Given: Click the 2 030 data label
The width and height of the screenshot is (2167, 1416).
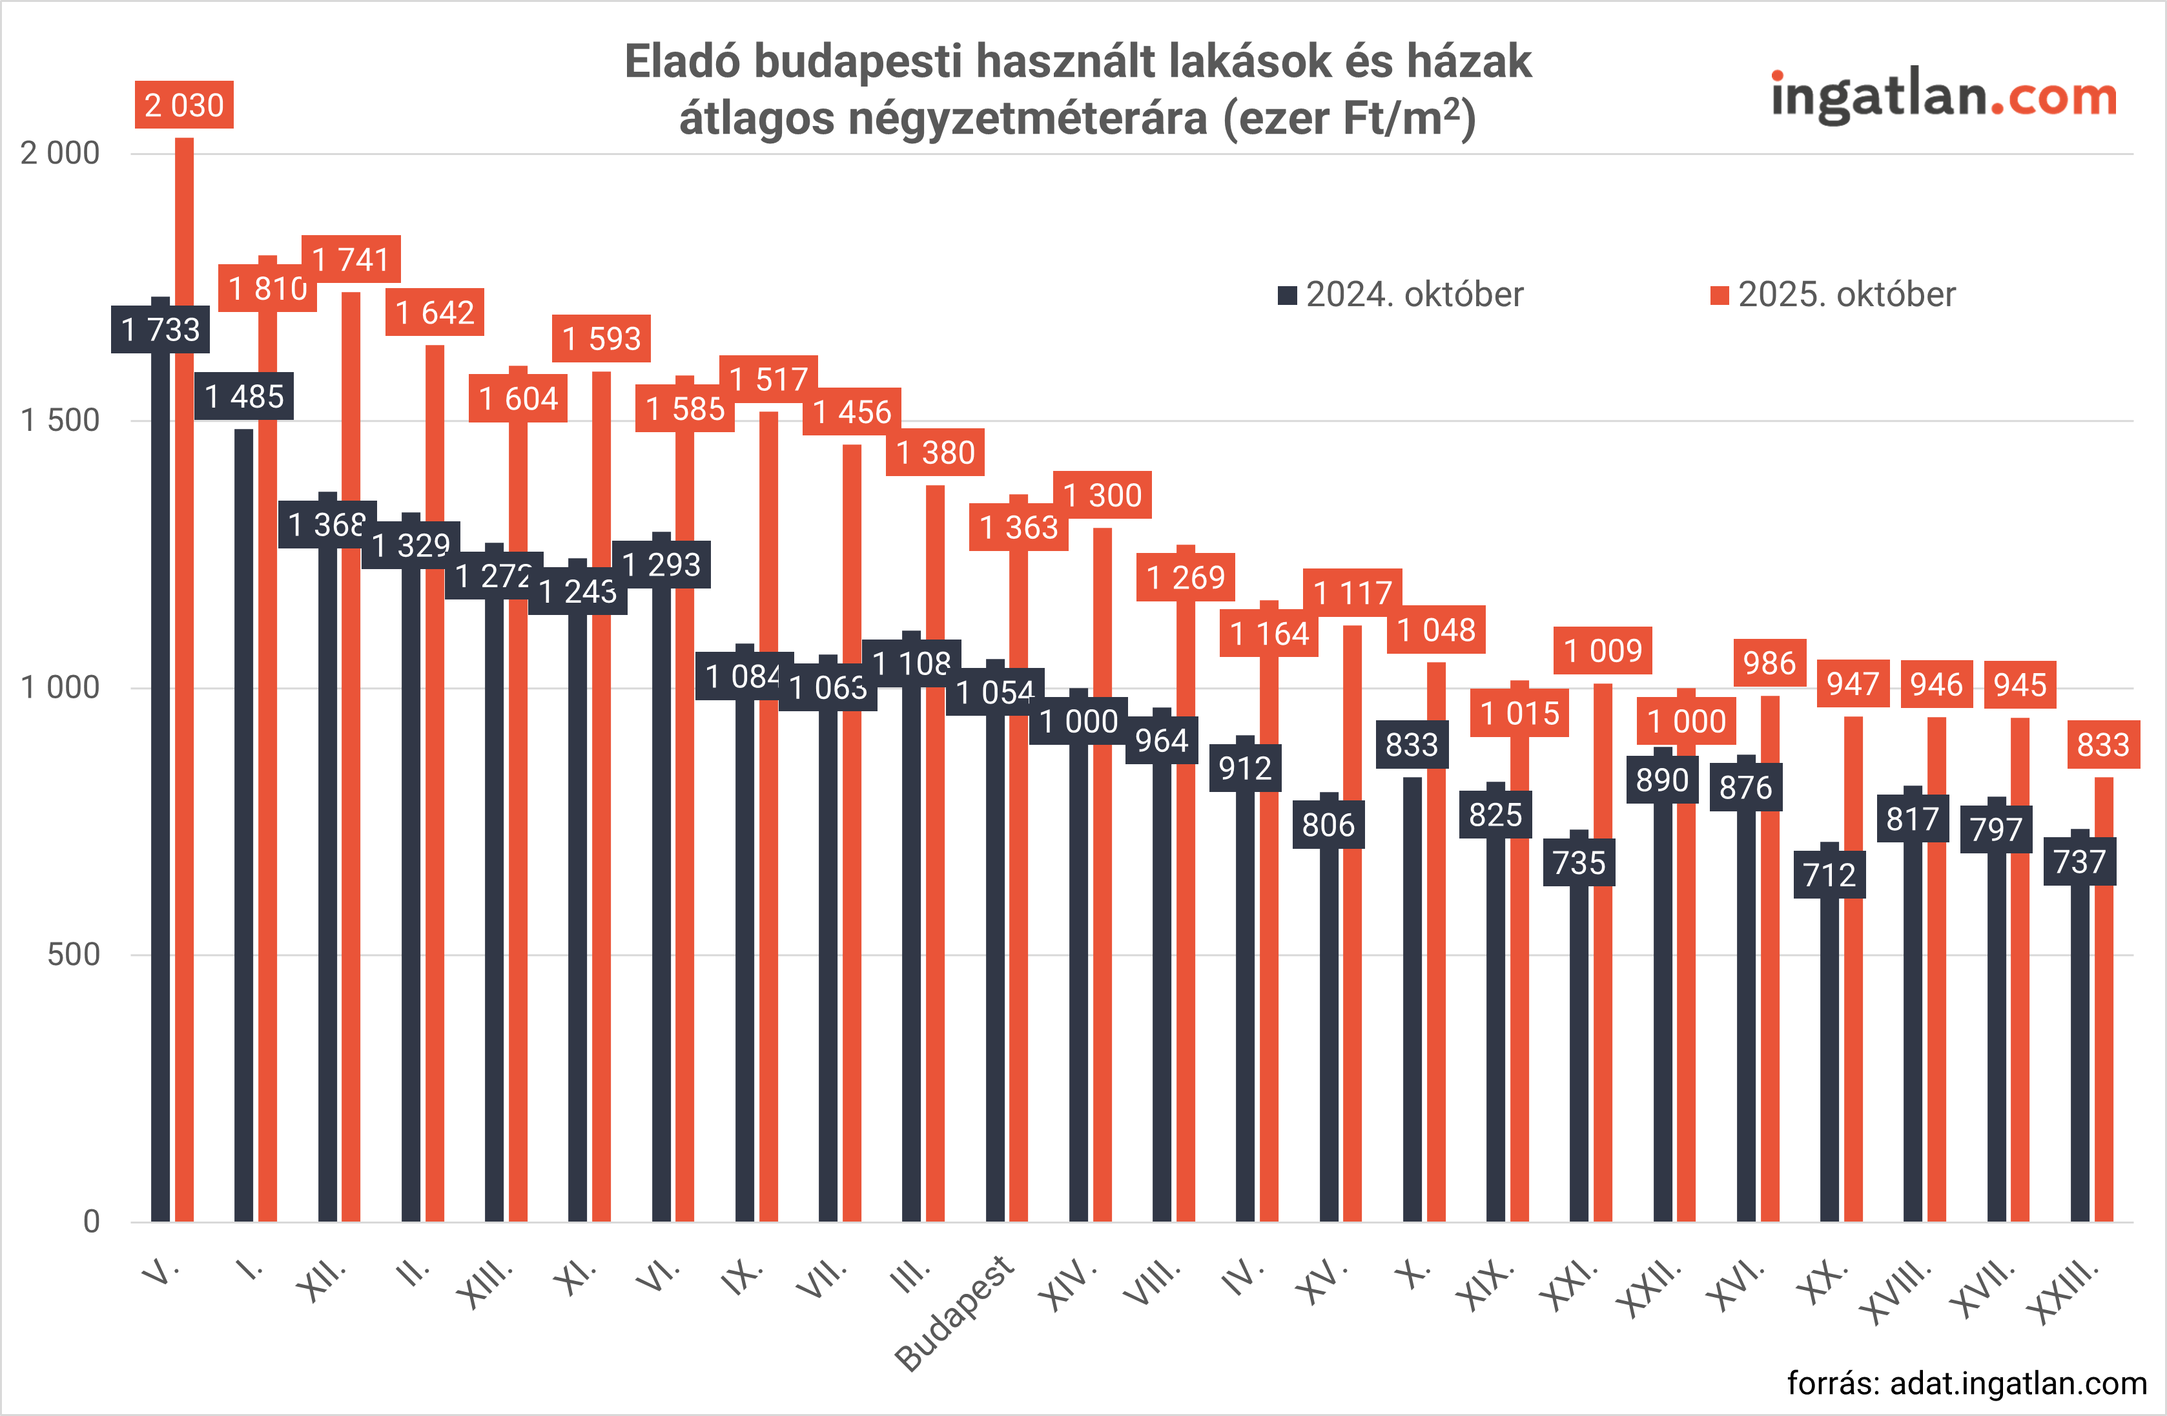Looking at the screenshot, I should click(x=184, y=105).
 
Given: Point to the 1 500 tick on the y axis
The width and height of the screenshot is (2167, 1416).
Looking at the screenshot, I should click(x=60, y=421).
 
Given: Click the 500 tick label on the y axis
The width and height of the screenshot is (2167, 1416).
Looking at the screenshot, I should click(x=73, y=955).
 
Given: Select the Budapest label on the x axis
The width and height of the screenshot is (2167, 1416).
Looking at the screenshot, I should click(x=954, y=1312).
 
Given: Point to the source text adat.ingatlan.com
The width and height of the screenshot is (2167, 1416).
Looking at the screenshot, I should click(x=1967, y=1383).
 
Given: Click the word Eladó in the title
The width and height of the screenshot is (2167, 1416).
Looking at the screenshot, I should click(x=683, y=63).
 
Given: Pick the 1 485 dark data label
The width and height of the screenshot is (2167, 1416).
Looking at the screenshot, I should click(x=244, y=396).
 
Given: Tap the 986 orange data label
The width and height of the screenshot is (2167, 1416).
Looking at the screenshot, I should click(x=1769, y=663).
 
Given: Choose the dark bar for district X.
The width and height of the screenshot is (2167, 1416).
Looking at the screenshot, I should click(x=1412, y=1002).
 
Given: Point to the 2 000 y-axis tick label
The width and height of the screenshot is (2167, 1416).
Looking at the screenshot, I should click(x=60, y=153).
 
